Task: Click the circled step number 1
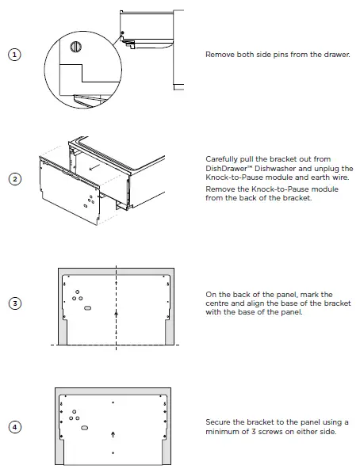pyautogui.click(x=14, y=54)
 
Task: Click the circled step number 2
pyautogui.click(x=14, y=178)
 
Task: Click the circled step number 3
pyautogui.click(x=14, y=303)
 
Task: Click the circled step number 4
pyautogui.click(x=14, y=426)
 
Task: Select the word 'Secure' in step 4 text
pyautogui.click(x=219, y=422)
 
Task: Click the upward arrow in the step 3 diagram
pyautogui.click(x=117, y=314)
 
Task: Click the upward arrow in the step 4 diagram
pyautogui.click(x=114, y=435)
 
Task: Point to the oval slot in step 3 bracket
pyautogui.click(x=87, y=306)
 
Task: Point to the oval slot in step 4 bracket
pyautogui.click(x=85, y=426)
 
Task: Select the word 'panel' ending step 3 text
pyautogui.click(x=288, y=312)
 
